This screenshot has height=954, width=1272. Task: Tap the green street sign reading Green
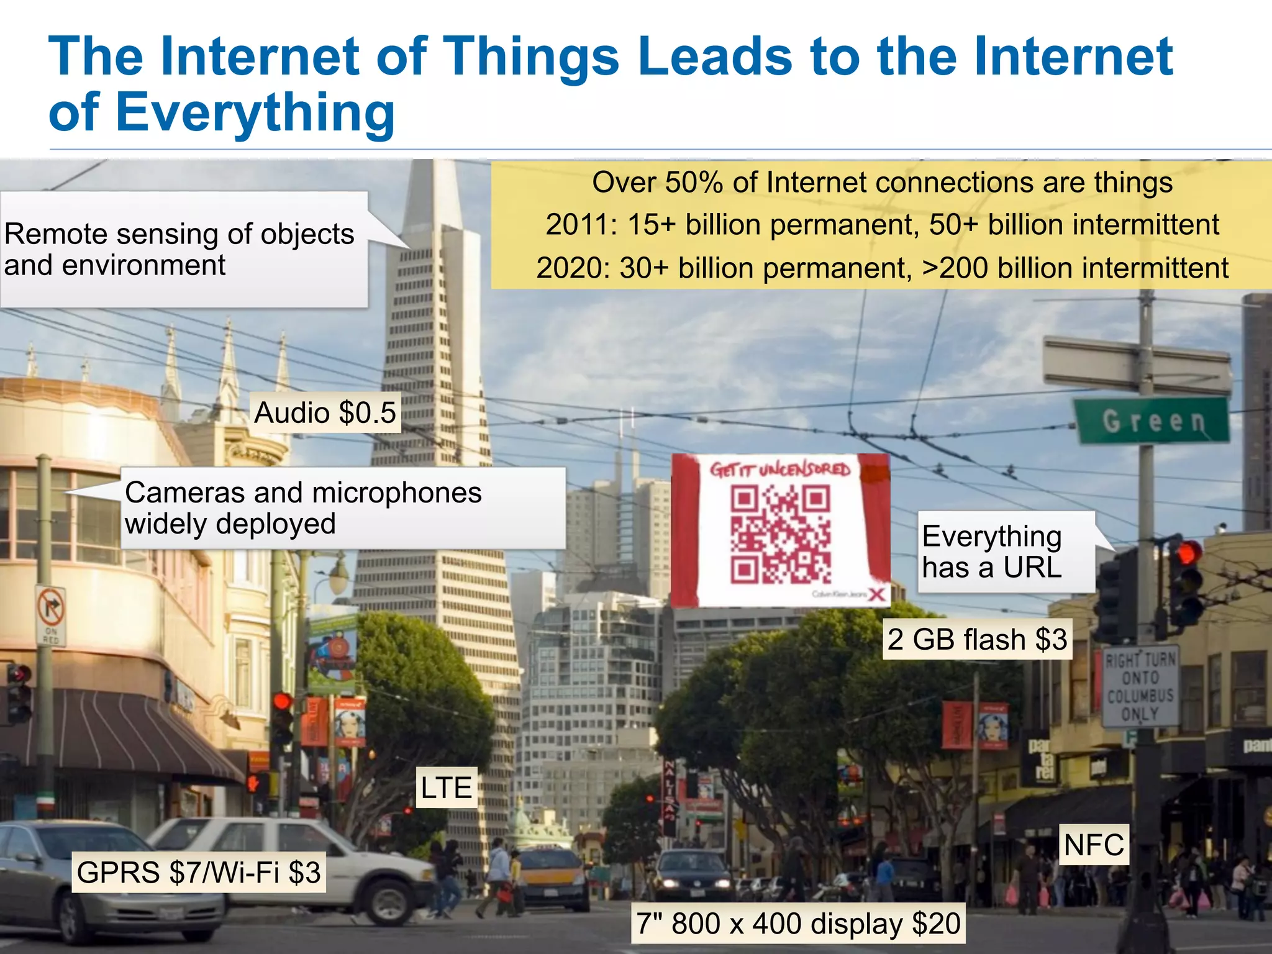click(x=1153, y=421)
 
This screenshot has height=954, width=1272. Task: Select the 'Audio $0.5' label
click(x=325, y=413)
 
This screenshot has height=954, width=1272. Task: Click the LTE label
click(x=446, y=788)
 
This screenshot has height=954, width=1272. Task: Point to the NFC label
click(x=1094, y=845)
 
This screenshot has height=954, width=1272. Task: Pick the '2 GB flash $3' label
click(x=977, y=640)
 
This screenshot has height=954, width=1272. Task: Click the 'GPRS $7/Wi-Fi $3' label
click(x=199, y=873)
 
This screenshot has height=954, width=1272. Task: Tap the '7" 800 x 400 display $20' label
click(x=798, y=924)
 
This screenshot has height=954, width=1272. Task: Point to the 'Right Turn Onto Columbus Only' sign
click(x=1140, y=686)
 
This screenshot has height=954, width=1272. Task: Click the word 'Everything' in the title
click(x=255, y=112)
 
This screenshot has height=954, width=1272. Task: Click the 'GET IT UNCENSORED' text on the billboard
click(x=780, y=470)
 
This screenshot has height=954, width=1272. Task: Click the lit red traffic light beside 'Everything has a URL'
click(x=1188, y=552)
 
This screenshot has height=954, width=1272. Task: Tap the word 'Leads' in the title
click(x=714, y=57)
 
